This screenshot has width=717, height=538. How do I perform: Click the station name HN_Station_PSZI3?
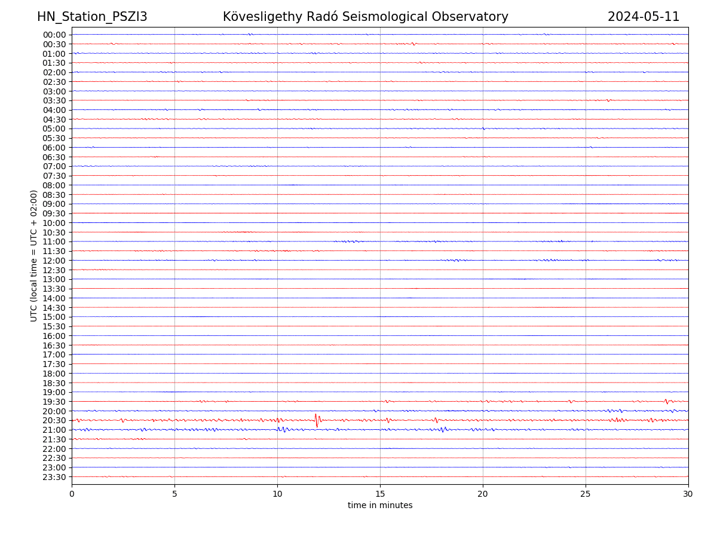point(92,17)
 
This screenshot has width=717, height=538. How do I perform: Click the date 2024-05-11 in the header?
point(644,17)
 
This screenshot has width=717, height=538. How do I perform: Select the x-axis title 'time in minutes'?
point(380,505)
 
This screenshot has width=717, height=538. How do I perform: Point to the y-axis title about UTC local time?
point(34,256)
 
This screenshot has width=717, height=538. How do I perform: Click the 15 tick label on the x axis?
point(380,494)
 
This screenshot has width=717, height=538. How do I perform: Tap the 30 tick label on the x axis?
point(688,494)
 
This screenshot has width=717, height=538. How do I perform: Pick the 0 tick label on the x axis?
point(72,494)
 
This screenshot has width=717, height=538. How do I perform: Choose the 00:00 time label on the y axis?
point(54,35)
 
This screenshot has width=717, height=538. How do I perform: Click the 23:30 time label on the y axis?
point(54,477)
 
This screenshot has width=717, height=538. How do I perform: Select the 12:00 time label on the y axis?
point(54,261)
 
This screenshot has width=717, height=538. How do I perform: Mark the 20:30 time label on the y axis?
point(54,420)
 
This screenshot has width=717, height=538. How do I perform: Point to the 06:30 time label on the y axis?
point(54,157)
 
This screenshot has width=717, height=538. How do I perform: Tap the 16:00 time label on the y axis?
point(54,336)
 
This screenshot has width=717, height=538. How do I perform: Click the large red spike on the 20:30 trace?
point(317,420)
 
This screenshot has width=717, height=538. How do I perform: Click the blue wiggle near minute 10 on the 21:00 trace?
point(281,429)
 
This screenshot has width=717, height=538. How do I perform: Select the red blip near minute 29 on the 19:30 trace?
point(666,401)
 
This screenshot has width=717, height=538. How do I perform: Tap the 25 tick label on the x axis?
point(586,494)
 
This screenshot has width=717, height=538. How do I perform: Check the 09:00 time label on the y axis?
point(54,204)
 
